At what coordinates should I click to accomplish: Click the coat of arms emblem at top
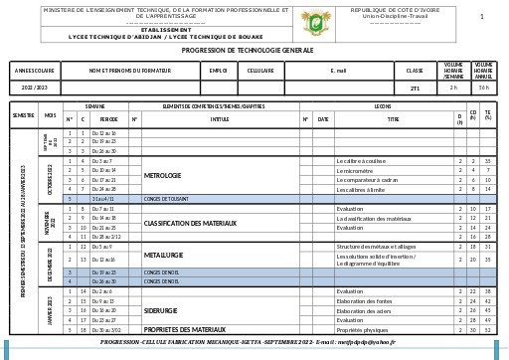317,21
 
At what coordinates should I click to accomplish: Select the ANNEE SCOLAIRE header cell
35,71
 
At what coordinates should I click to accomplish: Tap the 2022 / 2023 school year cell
35,88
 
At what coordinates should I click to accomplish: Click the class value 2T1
415,88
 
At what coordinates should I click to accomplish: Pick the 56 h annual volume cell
483,88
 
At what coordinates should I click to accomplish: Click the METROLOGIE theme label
163,175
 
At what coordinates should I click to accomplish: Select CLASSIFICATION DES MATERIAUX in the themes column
190,223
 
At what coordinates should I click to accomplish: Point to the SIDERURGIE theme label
161,310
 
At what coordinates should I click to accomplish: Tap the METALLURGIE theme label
164,255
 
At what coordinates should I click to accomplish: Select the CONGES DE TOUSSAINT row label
167,198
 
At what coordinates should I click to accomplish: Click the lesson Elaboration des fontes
364,300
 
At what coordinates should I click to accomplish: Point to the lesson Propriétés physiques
362,329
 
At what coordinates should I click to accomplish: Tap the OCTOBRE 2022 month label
50,179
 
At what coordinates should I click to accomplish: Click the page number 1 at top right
481,16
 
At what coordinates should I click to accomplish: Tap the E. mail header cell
338,71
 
